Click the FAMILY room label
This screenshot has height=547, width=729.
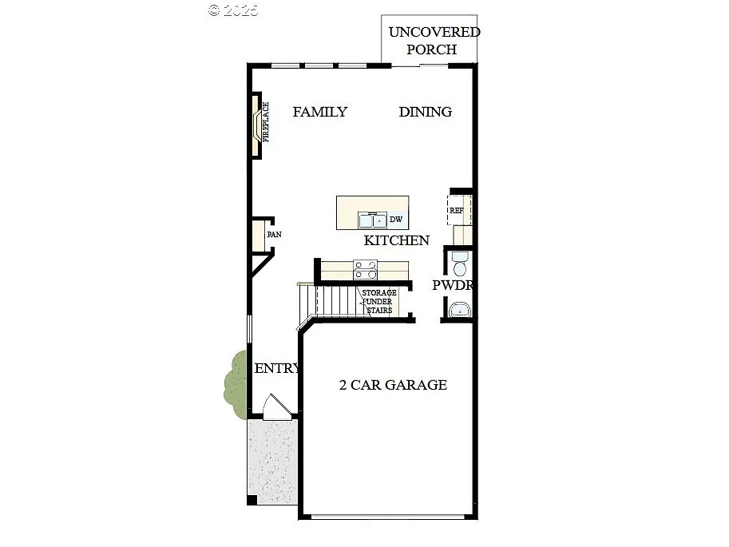point(319,112)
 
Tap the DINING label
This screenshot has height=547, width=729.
point(425,112)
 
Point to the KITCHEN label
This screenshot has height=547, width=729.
point(397,240)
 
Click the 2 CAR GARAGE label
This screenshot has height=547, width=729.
point(393,385)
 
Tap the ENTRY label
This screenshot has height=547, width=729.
point(276,369)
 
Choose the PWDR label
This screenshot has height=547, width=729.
point(454,285)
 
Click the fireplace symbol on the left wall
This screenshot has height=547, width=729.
point(258,122)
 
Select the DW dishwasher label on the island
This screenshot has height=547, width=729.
point(395,220)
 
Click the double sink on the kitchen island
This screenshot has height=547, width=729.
point(372,220)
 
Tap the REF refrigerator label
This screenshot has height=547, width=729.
point(457,211)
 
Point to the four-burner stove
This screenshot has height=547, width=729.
point(365,270)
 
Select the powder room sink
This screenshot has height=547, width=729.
point(459,310)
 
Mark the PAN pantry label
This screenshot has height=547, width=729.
point(274,235)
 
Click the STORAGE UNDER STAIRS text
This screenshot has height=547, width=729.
point(379,302)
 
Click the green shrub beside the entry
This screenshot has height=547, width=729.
point(236,383)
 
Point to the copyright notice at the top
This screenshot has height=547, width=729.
point(233,10)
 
